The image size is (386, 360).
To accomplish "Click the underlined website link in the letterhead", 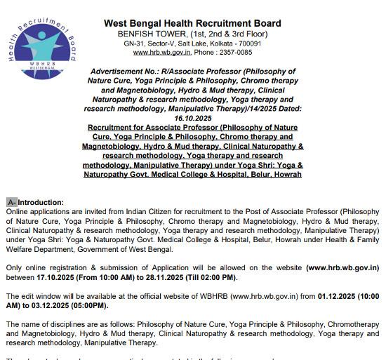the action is point(162,52).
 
